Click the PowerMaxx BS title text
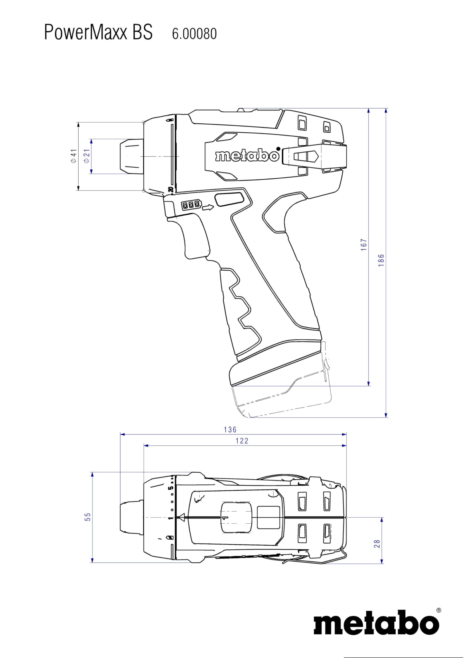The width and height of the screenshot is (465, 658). click(98, 32)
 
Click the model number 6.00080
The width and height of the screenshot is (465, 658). click(194, 33)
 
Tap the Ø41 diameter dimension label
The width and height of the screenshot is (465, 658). click(74, 156)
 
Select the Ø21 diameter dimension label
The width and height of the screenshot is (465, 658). click(87, 156)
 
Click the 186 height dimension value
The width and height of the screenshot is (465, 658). click(381, 260)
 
